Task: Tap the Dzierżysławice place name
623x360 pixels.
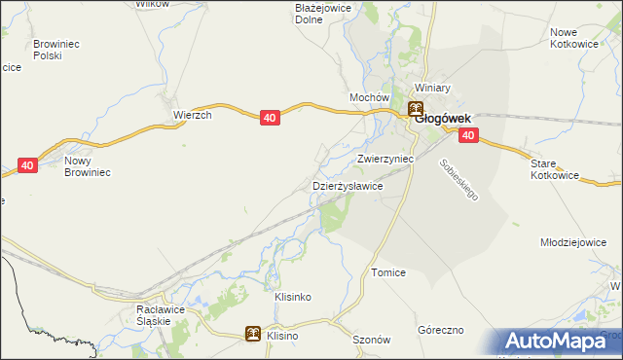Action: (347, 185)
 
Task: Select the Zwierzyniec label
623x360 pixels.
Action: (385, 157)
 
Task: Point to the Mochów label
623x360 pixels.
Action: (370, 98)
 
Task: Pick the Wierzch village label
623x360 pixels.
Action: (193, 114)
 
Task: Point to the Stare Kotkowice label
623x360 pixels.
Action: (555, 169)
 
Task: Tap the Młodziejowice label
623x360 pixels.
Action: (580, 242)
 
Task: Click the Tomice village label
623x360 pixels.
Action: (388, 273)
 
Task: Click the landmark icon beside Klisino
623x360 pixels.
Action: (252, 334)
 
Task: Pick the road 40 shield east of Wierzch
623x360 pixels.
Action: (271, 118)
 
